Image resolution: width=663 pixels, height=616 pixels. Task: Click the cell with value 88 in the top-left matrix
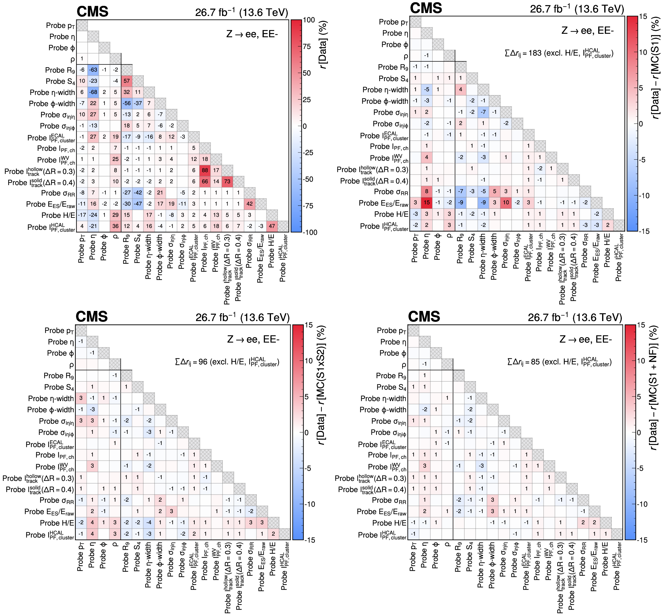tap(205, 170)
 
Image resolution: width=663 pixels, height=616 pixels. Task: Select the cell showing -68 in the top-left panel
tap(93, 92)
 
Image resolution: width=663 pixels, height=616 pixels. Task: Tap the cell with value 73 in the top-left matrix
tap(227, 182)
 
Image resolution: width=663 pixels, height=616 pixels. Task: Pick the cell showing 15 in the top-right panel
tap(427, 203)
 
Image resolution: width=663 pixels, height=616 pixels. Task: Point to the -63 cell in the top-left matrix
tap(93, 70)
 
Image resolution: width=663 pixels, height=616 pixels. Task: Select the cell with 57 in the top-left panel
tap(127, 81)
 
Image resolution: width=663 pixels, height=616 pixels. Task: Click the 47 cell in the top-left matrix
tap(272, 226)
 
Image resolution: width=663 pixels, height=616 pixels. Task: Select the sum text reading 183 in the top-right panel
tap(559, 53)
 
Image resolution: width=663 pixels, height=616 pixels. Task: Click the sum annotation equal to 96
tap(227, 362)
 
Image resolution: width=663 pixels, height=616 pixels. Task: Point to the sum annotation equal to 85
tap(559, 362)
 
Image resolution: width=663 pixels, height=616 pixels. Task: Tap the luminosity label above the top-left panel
tap(241, 12)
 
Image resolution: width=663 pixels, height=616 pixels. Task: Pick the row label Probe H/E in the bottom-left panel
tap(57, 523)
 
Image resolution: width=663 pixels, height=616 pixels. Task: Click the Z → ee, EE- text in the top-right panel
tap(587, 31)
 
